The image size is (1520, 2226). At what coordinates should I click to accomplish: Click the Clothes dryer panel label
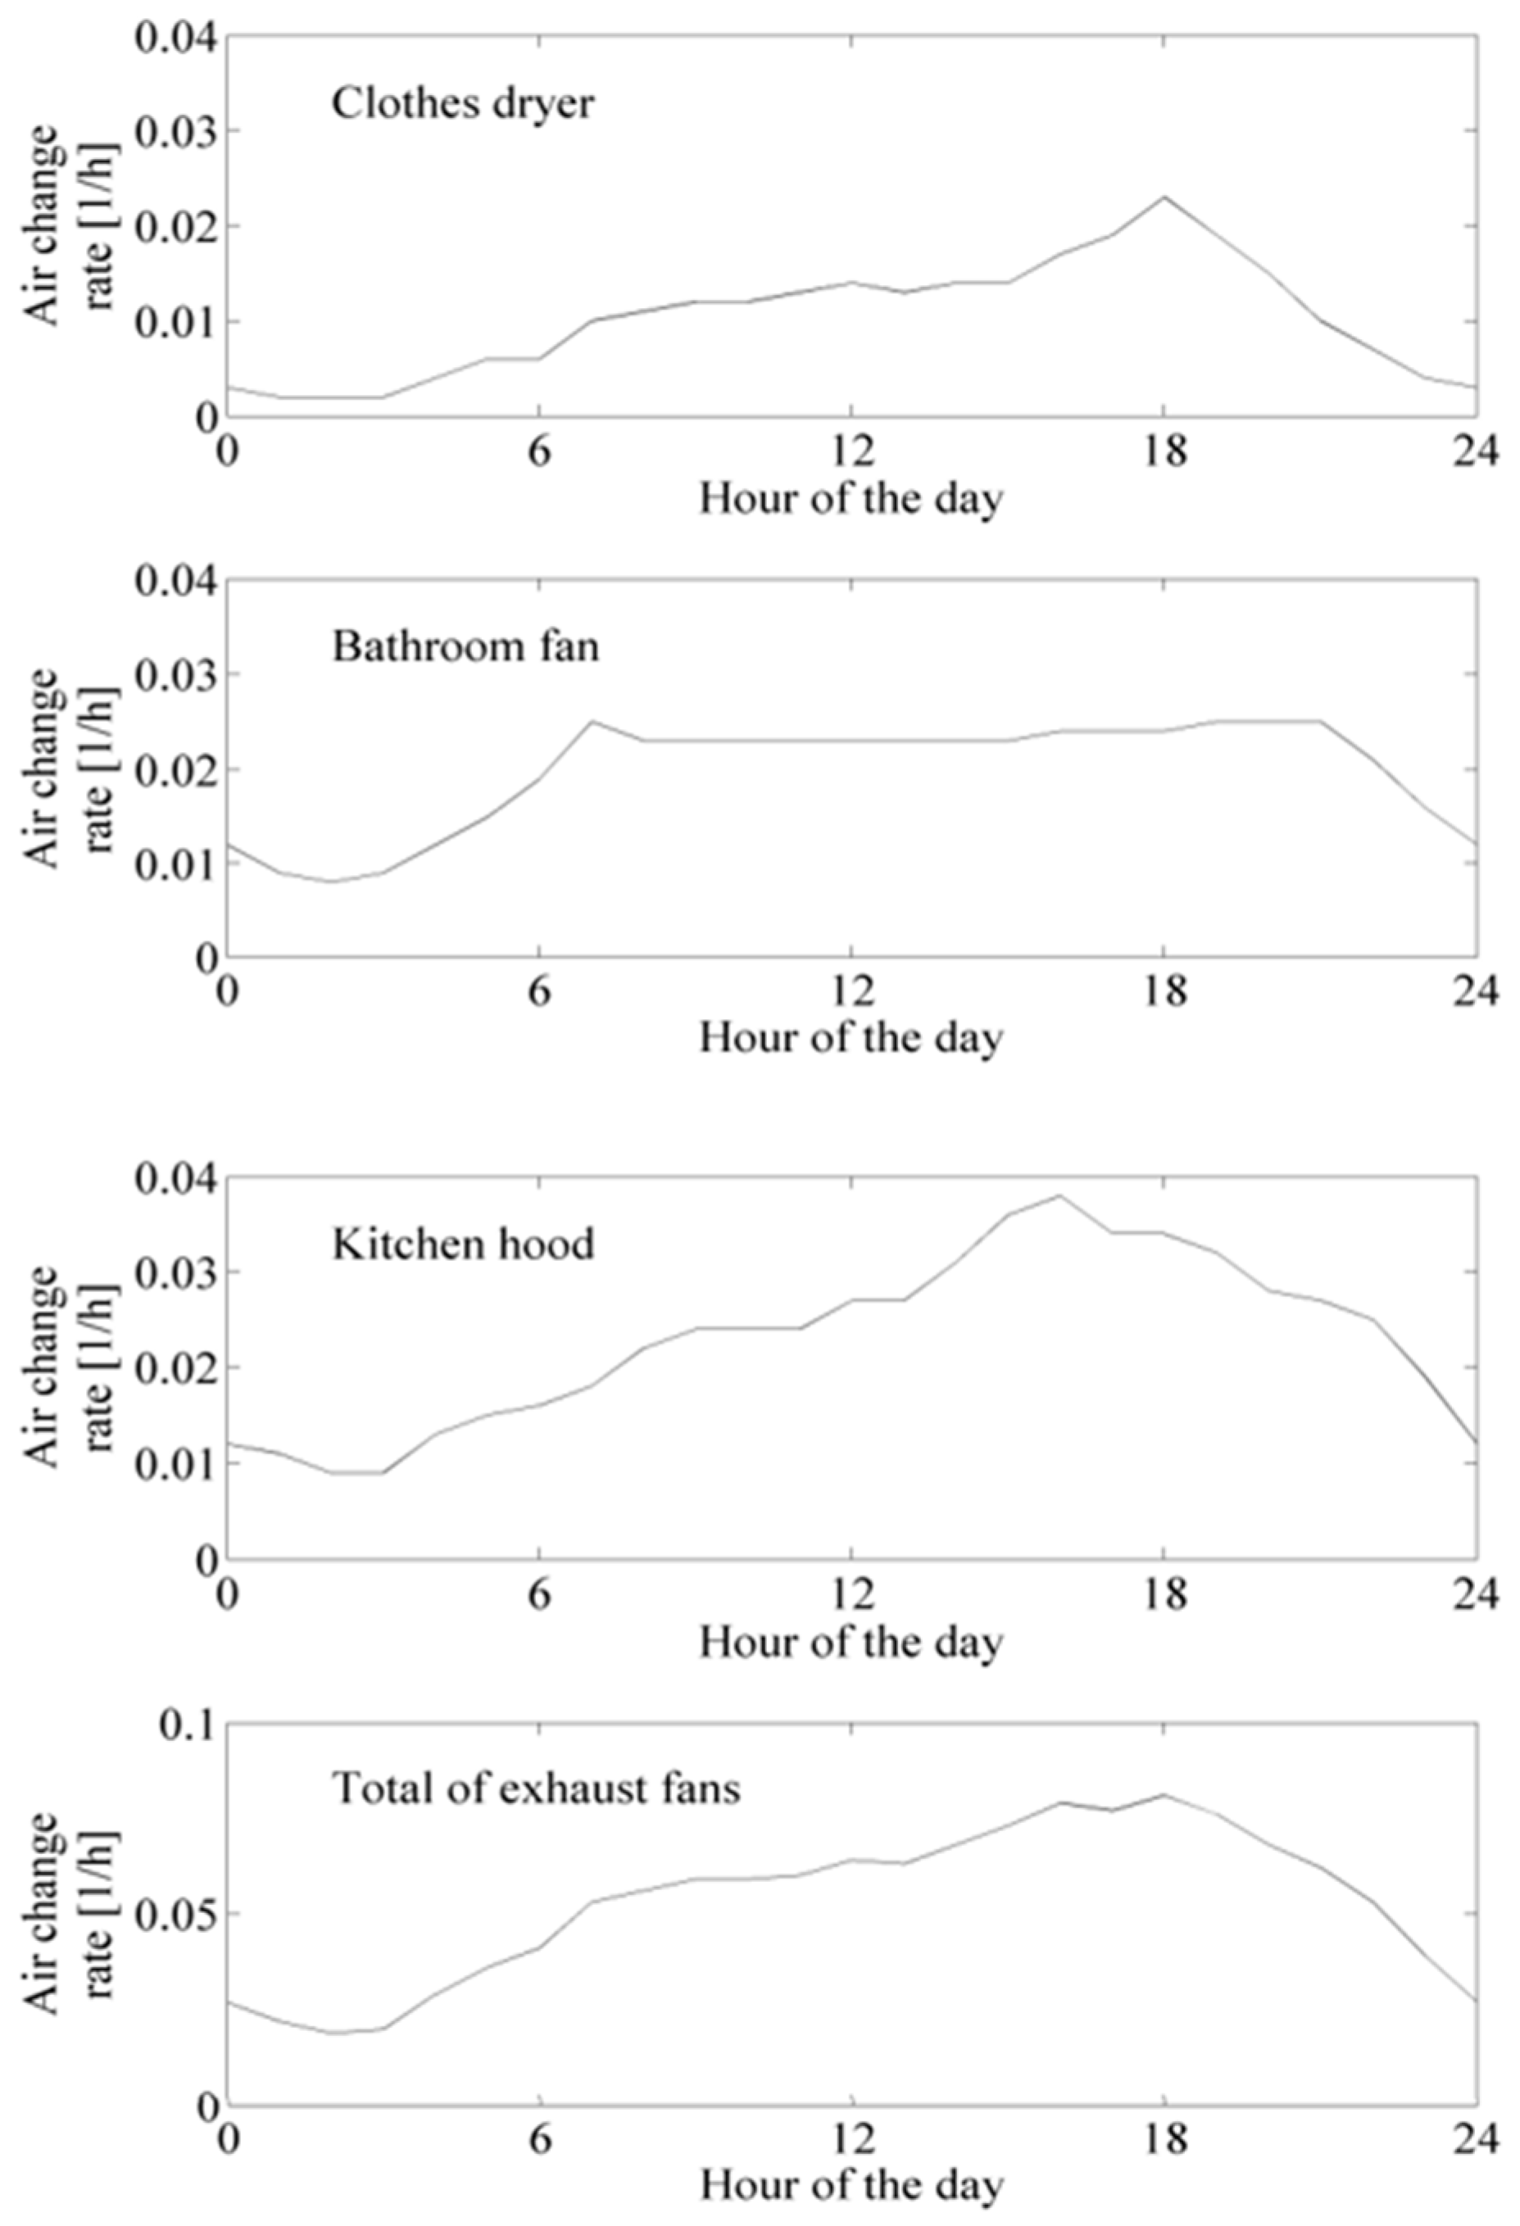(463, 103)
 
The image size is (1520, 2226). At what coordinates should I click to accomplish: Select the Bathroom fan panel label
(465, 646)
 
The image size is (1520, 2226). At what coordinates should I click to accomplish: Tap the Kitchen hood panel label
(463, 1243)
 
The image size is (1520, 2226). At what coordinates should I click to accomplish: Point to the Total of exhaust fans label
(537, 1788)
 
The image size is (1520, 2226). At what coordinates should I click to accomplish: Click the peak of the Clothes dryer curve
(1164, 197)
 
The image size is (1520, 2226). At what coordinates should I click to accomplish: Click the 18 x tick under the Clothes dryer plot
(1164, 450)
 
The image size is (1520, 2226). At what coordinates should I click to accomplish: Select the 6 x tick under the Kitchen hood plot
(540, 1592)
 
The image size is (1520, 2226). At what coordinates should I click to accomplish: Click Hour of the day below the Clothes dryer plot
(851, 499)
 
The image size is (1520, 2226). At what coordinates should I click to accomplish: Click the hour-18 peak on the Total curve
(1164, 1794)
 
